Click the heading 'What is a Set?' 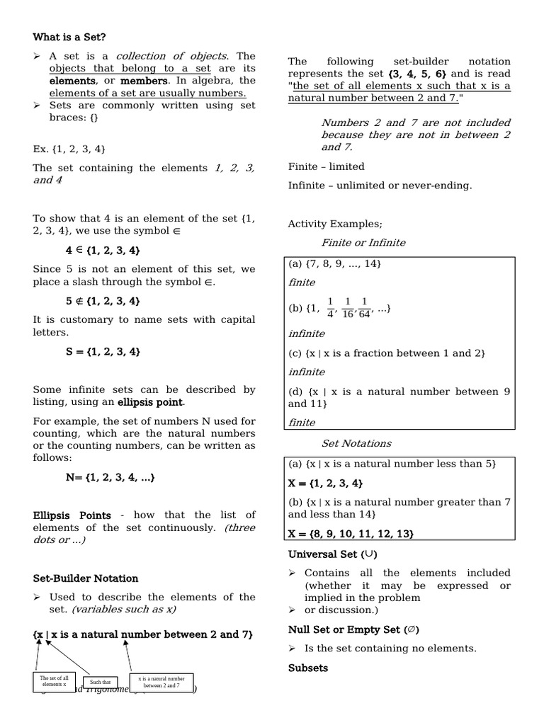[69, 37]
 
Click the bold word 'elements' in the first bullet [72, 81]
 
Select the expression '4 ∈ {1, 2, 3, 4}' [103, 250]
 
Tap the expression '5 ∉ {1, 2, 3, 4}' [103, 301]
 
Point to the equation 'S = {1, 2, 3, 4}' [103, 351]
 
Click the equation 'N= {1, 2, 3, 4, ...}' [110, 477]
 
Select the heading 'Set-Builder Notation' [86, 578]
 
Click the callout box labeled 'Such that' [100, 683]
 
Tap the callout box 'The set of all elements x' [54, 681]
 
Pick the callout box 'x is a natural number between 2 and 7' [161, 683]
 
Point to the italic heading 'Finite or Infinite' [363, 242]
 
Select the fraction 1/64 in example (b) [364, 309]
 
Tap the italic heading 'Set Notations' [356, 443]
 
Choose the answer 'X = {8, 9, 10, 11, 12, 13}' [351, 533]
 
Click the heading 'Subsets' [308, 668]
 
